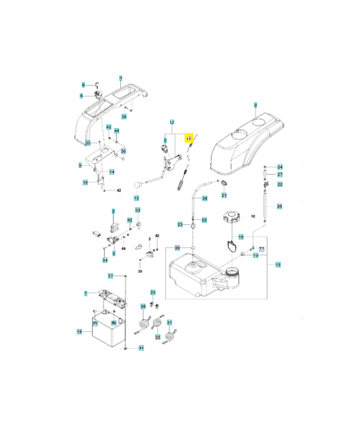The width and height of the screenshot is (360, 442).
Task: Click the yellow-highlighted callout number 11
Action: point(188,138)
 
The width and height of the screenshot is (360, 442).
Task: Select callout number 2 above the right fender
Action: point(256,104)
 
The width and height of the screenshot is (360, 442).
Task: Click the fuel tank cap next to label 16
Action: point(231,216)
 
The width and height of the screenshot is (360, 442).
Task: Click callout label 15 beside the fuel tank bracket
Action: point(278,265)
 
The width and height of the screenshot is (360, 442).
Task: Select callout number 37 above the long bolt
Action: point(110,276)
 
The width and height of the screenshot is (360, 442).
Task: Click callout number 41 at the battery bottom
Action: point(141,348)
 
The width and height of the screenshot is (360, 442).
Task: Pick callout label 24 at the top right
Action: point(280,167)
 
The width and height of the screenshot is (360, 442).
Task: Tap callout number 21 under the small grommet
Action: point(224,196)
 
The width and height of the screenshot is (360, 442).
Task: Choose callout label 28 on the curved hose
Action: point(204,198)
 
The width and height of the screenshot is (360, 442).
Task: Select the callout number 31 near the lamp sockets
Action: point(170,323)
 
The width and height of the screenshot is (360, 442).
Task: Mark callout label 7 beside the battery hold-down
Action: point(86,292)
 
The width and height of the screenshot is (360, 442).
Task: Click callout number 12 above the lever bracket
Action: point(172,122)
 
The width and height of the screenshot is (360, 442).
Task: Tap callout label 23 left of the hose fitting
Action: point(180,224)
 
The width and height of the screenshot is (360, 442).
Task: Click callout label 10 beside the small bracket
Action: point(85,182)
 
